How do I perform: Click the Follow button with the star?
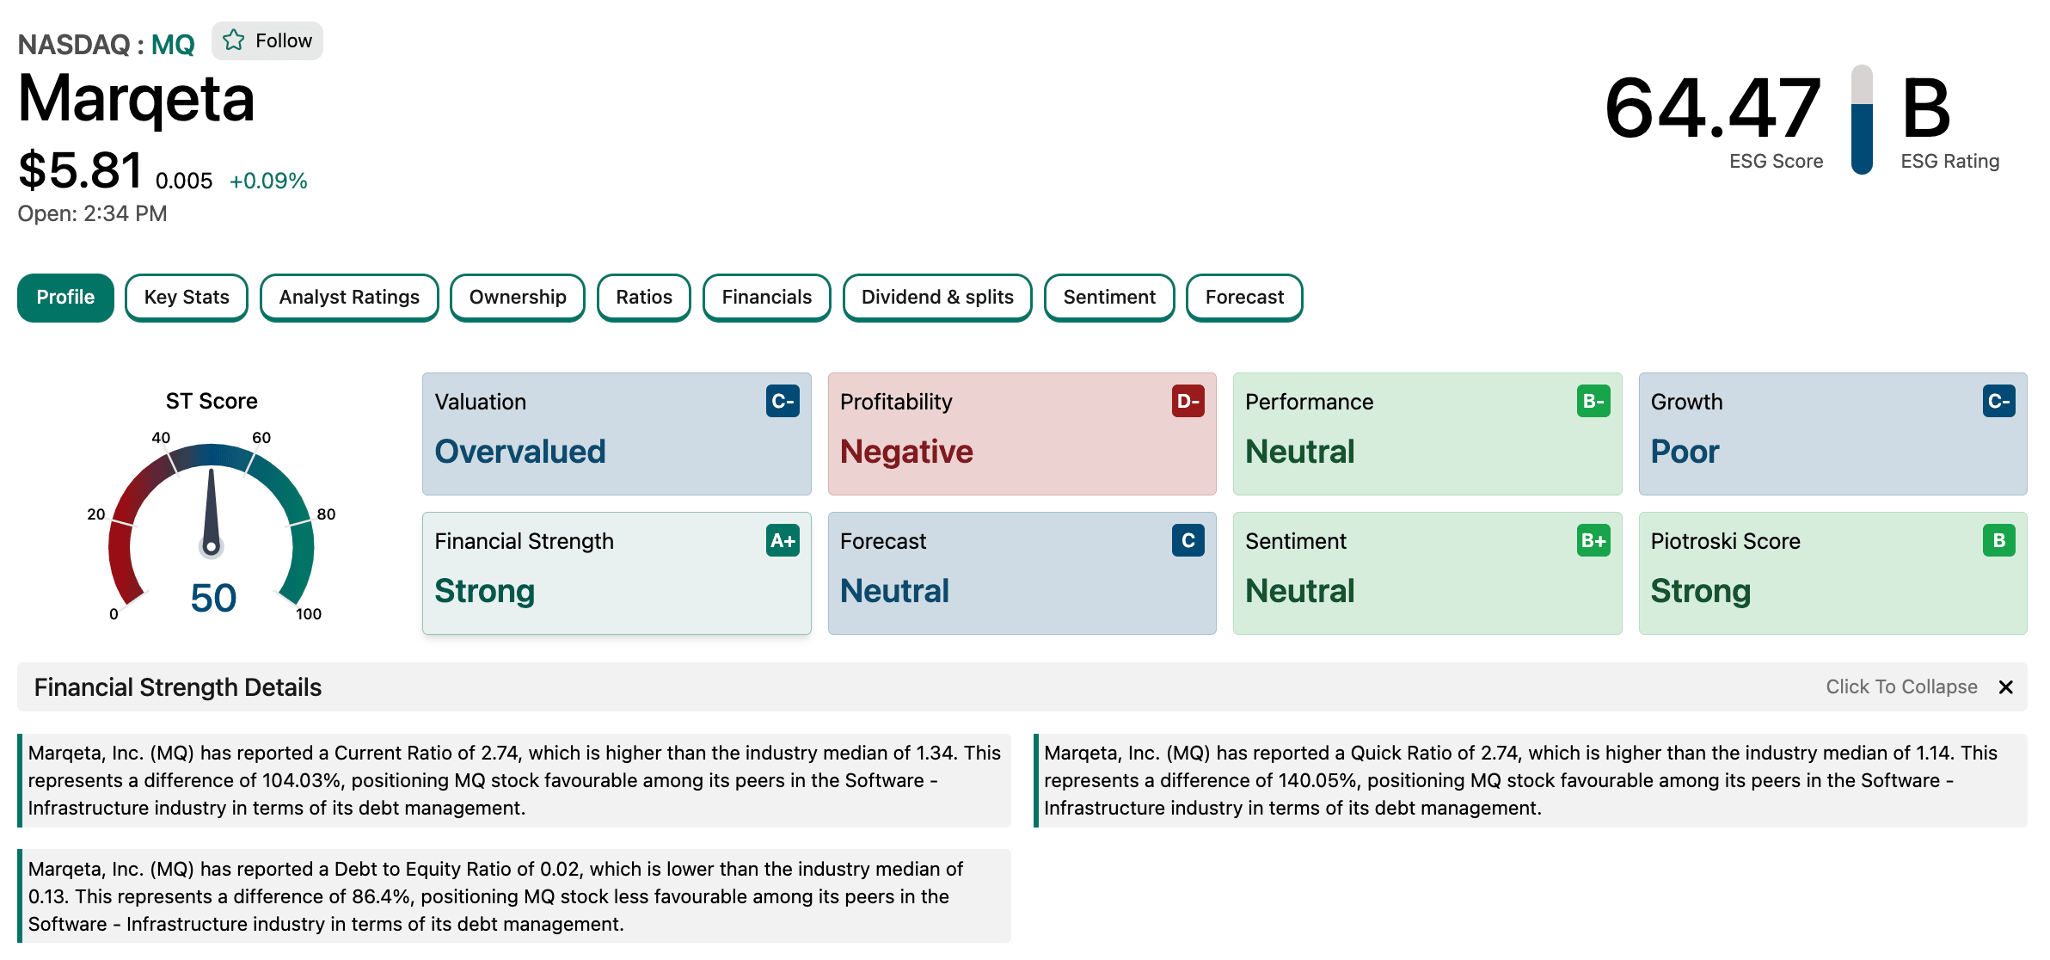pos(267,41)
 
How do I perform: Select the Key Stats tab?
pos(187,298)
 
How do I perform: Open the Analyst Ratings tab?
pos(349,298)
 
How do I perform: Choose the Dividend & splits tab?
pos(937,298)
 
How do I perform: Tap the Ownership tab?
pos(518,298)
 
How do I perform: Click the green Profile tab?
pos(65,298)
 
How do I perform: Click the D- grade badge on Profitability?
pos(1188,402)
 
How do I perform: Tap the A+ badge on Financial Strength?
pos(783,541)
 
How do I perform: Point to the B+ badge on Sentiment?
pos(1593,541)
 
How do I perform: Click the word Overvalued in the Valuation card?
pos(520,452)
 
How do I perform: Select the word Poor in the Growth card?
pos(1685,452)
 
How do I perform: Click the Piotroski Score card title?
pos(1725,541)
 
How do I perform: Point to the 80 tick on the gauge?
pos(326,514)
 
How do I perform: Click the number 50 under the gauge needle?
pos(213,598)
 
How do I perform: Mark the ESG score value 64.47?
pos(1713,108)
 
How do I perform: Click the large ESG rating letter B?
pos(1925,108)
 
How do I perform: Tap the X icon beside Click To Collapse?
pos(2006,687)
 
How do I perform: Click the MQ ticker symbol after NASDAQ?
pos(173,45)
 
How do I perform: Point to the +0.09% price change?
pos(268,182)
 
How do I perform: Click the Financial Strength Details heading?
pos(178,687)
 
